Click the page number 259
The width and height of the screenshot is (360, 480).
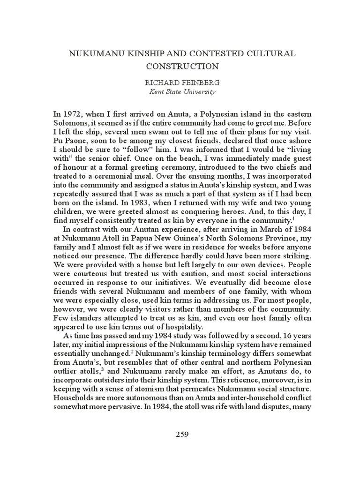tap(180, 434)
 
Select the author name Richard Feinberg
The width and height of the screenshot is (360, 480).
tap(180, 82)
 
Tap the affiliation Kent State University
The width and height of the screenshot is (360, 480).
tap(180, 91)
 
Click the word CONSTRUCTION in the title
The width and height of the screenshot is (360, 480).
tap(180, 67)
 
